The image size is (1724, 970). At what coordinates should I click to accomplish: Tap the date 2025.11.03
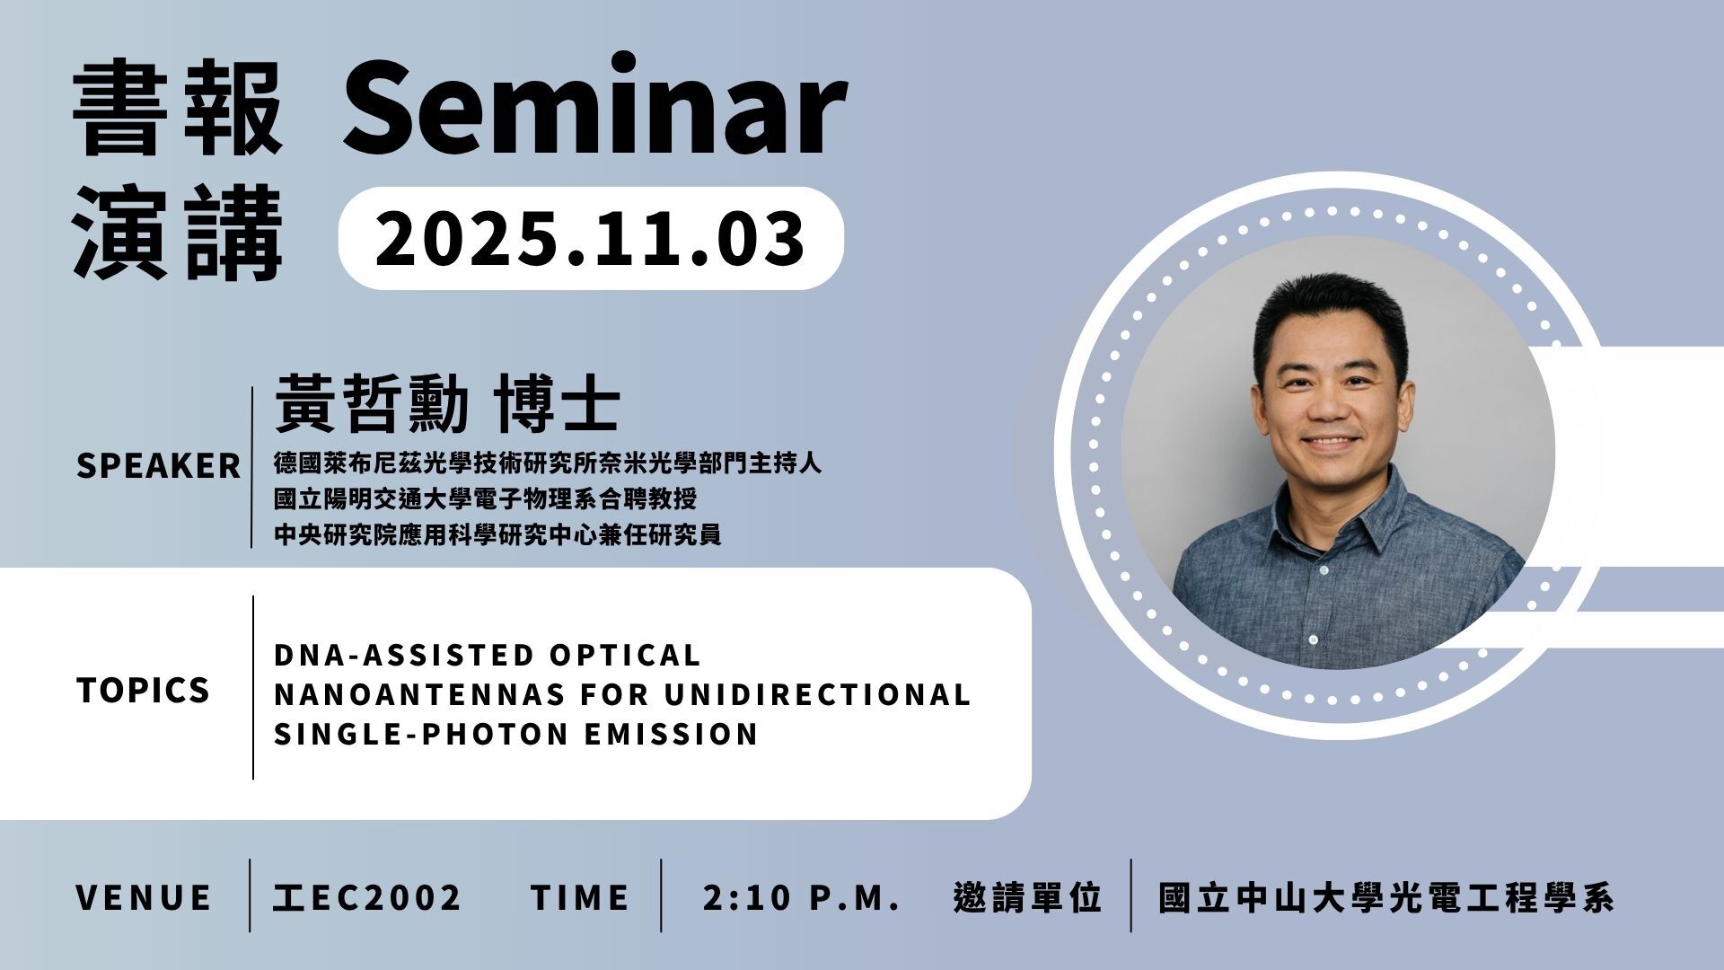pyautogui.click(x=590, y=238)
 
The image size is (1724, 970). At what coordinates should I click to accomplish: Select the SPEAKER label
pyautogui.click(x=158, y=466)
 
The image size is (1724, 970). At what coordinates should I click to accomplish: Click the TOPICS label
pyautogui.click(x=143, y=690)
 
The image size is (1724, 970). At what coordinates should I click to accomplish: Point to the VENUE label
pyautogui.click(x=144, y=897)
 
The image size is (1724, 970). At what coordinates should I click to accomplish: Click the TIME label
pyautogui.click(x=580, y=897)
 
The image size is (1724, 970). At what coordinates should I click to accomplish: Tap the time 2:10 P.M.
pyautogui.click(x=801, y=897)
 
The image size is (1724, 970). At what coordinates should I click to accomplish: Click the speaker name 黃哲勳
pyautogui.click(x=372, y=405)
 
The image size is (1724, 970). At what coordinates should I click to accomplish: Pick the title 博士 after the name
pyautogui.click(x=557, y=405)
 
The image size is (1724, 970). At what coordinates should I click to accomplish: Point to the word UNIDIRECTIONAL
pyautogui.click(x=818, y=694)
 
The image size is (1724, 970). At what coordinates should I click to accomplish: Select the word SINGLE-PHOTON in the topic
pyautogui.click(x=421, y=734)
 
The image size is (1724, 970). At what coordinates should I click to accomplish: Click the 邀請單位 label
pyautogui.click(x=1027, y=897)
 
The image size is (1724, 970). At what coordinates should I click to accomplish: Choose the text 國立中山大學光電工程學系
pyautogui.click(x=1386, y=897)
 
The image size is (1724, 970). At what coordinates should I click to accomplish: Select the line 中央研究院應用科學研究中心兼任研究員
pyautogui.click(x=497, y=535)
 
